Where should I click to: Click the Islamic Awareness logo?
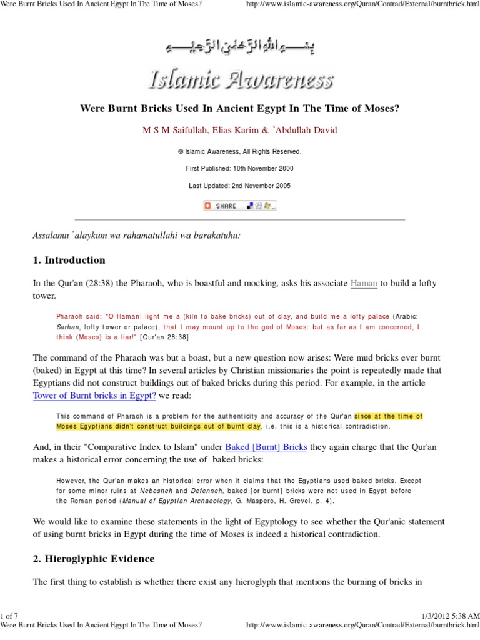click(x=240, y=79)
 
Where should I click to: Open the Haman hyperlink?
click(x=364, y=283)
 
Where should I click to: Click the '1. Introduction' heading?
click(x=69, y=260)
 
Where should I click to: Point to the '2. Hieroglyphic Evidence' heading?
click(x=93, y=558)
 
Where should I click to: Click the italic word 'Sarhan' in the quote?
click(x=67, y=327)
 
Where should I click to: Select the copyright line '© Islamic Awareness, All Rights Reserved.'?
click(x=239, y=151)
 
